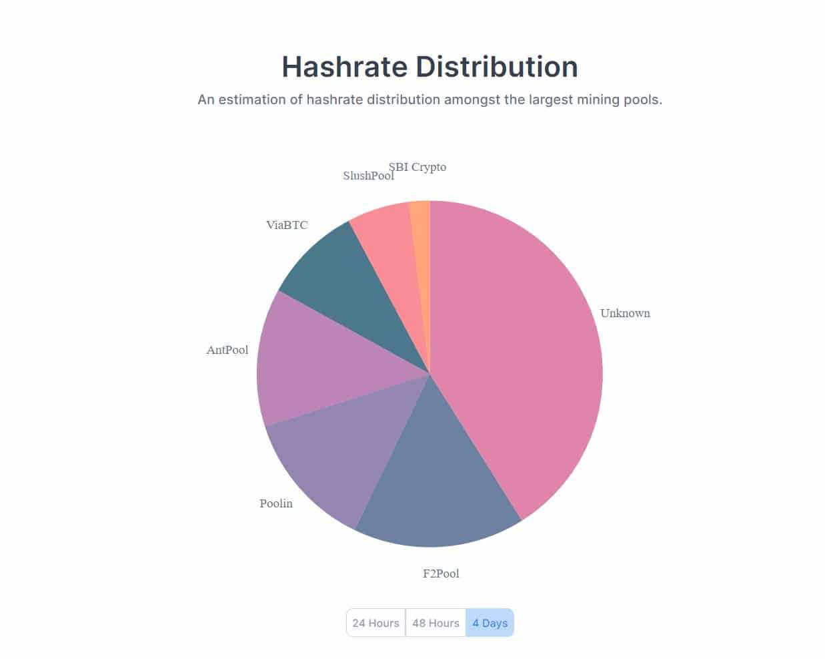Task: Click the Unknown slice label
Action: [x=625, y=313]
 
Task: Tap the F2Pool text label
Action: [x=441, y=574]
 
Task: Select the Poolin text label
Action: [x=276, y=503]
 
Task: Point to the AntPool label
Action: [x=227, y=350]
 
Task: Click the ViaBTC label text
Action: [x=287, y=225]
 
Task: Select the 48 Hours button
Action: [x=436, y=623]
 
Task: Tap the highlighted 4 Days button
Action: [x=490, y=623]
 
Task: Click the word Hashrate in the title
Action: [x=344, y=67]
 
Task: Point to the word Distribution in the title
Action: [x=497, y=67]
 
